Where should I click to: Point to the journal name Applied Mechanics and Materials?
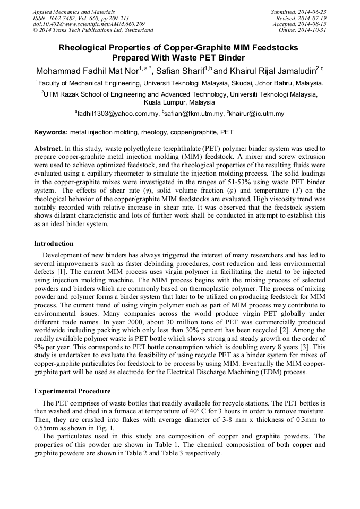[74, 12]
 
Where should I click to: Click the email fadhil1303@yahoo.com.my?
[118, 114]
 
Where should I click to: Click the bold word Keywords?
[51, 132]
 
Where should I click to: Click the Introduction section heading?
[54, 244]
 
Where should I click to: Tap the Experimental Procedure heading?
[72, 391]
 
